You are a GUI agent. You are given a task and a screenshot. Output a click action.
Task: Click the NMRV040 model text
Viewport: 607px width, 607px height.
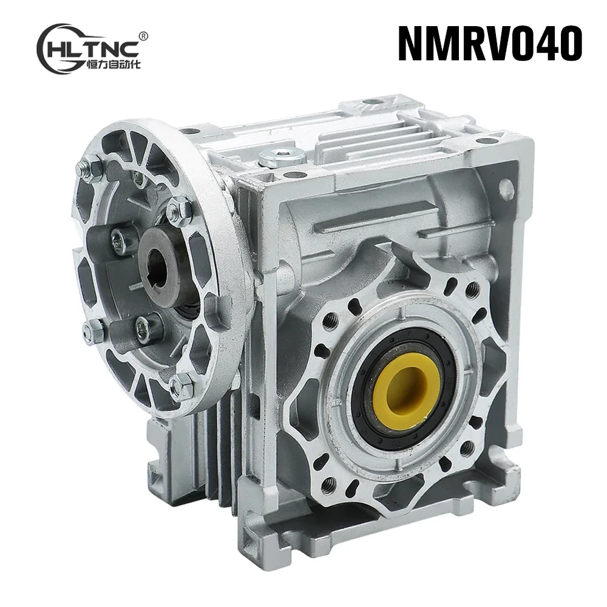pos(490,43)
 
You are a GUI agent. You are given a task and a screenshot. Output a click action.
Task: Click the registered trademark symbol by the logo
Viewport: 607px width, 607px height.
pos(143,36)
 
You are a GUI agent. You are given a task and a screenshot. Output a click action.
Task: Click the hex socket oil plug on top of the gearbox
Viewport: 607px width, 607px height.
pos(282,157)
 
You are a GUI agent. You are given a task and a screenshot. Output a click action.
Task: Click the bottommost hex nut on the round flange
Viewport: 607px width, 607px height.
pos(181,385)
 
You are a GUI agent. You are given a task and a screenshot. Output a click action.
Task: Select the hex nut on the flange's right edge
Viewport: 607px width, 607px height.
pos(180,210)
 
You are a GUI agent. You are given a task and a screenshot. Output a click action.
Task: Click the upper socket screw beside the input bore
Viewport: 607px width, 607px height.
pos(120,242)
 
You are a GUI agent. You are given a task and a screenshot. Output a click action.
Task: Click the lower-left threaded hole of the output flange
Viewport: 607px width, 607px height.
pos(328,483)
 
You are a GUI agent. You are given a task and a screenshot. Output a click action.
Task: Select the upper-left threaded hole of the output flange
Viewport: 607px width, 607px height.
pos(330,320)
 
